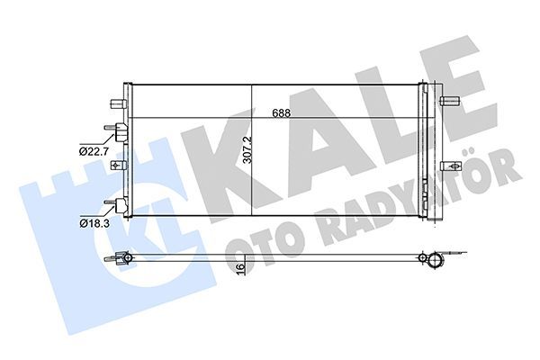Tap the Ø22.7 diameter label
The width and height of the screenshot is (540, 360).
point(94,150)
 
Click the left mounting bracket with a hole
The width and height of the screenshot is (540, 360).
point(115,166)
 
